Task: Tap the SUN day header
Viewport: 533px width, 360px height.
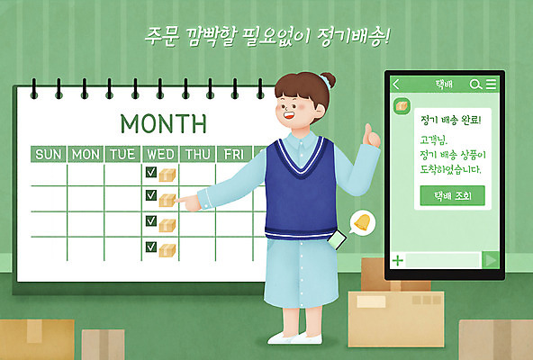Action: click(x=49, y=154)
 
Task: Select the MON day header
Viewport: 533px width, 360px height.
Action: click(x=86, y=154)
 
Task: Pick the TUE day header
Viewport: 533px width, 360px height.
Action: click(x=122, y=154)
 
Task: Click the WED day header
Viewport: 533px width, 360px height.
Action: click(x=160, y=154)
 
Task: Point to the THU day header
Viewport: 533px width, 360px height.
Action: click(x=198, y=154)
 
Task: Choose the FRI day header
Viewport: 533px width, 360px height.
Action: click(x=234, y=154)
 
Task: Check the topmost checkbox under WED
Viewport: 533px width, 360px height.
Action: click(x=150, y=172)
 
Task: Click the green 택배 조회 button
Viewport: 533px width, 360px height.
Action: click(x=452, y=195)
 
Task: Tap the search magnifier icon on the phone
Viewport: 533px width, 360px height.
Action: click(x=475, y=85)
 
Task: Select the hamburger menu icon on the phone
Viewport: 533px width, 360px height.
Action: click(x=491, y=85)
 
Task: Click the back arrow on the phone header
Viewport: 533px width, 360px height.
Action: click(x=396, y=85)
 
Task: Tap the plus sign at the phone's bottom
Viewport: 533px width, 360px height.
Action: click(x=398, y=260)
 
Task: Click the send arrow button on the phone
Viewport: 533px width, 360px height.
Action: click(x=491, y=260)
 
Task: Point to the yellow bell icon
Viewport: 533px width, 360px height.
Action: click(x=361, y=222)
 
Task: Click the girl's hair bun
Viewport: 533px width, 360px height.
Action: click(x=327, y=80)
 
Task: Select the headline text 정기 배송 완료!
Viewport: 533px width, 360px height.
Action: click(x=450, y=119)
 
